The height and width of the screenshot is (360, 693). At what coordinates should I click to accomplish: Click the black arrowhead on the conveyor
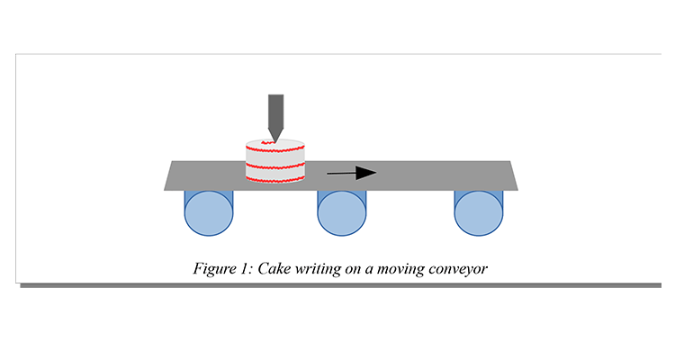tap(365, 173)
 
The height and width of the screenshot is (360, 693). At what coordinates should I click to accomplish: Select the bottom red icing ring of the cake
tap(275, 179)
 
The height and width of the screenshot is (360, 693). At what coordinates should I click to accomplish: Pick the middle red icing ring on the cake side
tap(275, 166)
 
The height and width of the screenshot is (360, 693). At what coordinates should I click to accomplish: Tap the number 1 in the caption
tap(243, 268)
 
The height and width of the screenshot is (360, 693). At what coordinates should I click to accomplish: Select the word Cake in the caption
tap(273, 268)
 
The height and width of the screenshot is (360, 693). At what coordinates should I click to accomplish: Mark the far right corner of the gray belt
tap(519, 189)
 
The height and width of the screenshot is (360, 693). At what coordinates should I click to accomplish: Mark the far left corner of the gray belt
tap(165, 189)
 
